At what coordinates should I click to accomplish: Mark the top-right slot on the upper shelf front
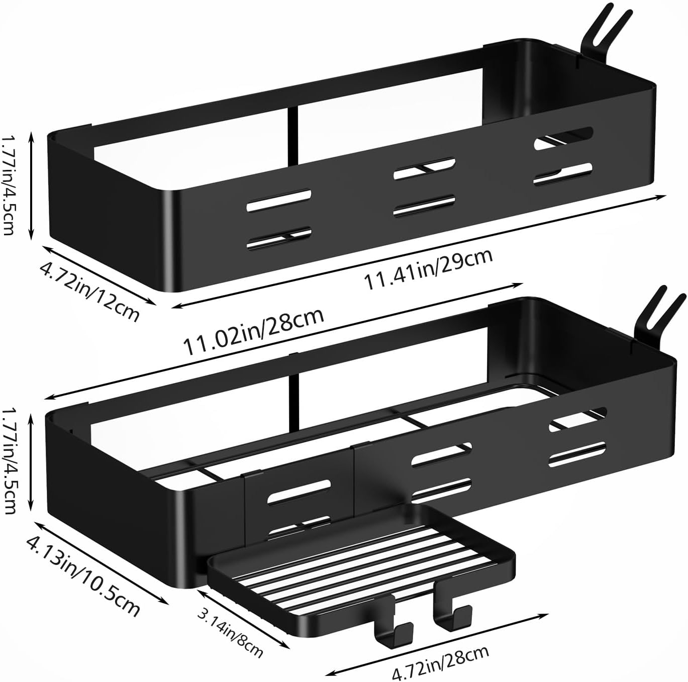coord(563,137)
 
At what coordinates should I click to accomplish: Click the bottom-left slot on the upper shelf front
coord(279,237)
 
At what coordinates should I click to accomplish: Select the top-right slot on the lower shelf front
coord(578,418)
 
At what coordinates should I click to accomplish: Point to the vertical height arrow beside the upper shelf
coord(32,185)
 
